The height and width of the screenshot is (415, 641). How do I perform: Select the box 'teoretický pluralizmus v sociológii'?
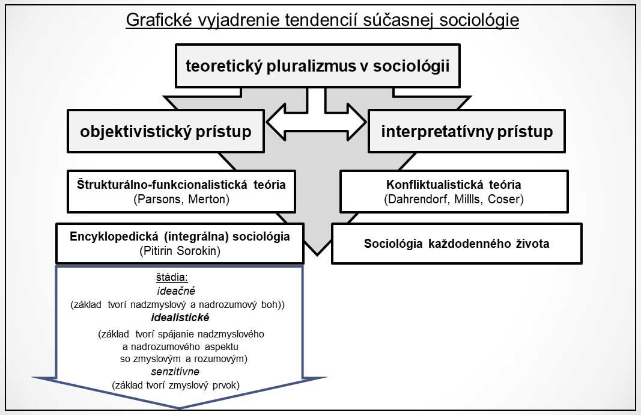[x=318, y=66]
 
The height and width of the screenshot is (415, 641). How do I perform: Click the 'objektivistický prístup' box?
[x=166, y=131]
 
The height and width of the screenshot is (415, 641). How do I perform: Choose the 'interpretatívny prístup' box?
[x=467, y=131]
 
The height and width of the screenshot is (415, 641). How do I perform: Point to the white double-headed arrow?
[x=316, y=122]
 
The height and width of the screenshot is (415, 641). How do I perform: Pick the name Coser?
[x=506, y=199]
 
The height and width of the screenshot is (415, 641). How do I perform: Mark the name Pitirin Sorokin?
[x=180, y=250]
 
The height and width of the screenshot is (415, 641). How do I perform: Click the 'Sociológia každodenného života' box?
[x=457, y=244]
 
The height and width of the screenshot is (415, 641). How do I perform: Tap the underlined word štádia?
[x=172, y=277]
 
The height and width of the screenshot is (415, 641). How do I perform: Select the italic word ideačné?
[x=176, y=291]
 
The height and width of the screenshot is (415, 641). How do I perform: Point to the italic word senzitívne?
[x=175, y=372]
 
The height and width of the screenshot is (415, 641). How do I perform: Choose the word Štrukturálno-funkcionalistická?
[x=162, y=185]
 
